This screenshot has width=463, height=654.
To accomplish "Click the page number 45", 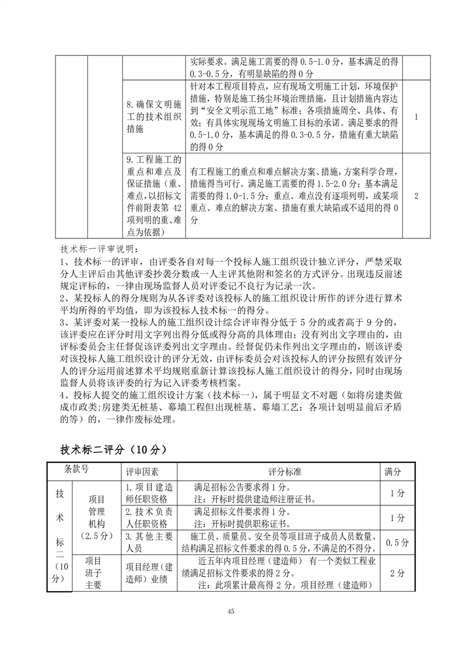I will point(232,611).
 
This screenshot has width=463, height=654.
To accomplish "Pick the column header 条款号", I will point(76,468).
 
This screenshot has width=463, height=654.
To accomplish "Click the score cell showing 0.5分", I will point(397,543).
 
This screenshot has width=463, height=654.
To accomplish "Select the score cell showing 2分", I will point(397,573).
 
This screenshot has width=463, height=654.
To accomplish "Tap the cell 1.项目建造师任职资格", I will point(149,493).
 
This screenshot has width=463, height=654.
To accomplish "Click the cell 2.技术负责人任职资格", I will point(149,518).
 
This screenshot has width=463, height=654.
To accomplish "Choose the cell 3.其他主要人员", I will point(149,543).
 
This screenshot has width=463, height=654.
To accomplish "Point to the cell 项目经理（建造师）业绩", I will point(149,573).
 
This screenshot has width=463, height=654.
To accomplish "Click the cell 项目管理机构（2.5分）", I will point(96,518).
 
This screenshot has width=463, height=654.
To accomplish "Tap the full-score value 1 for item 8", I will point(416,117).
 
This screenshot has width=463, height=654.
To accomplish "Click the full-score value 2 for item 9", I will point(416,195).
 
